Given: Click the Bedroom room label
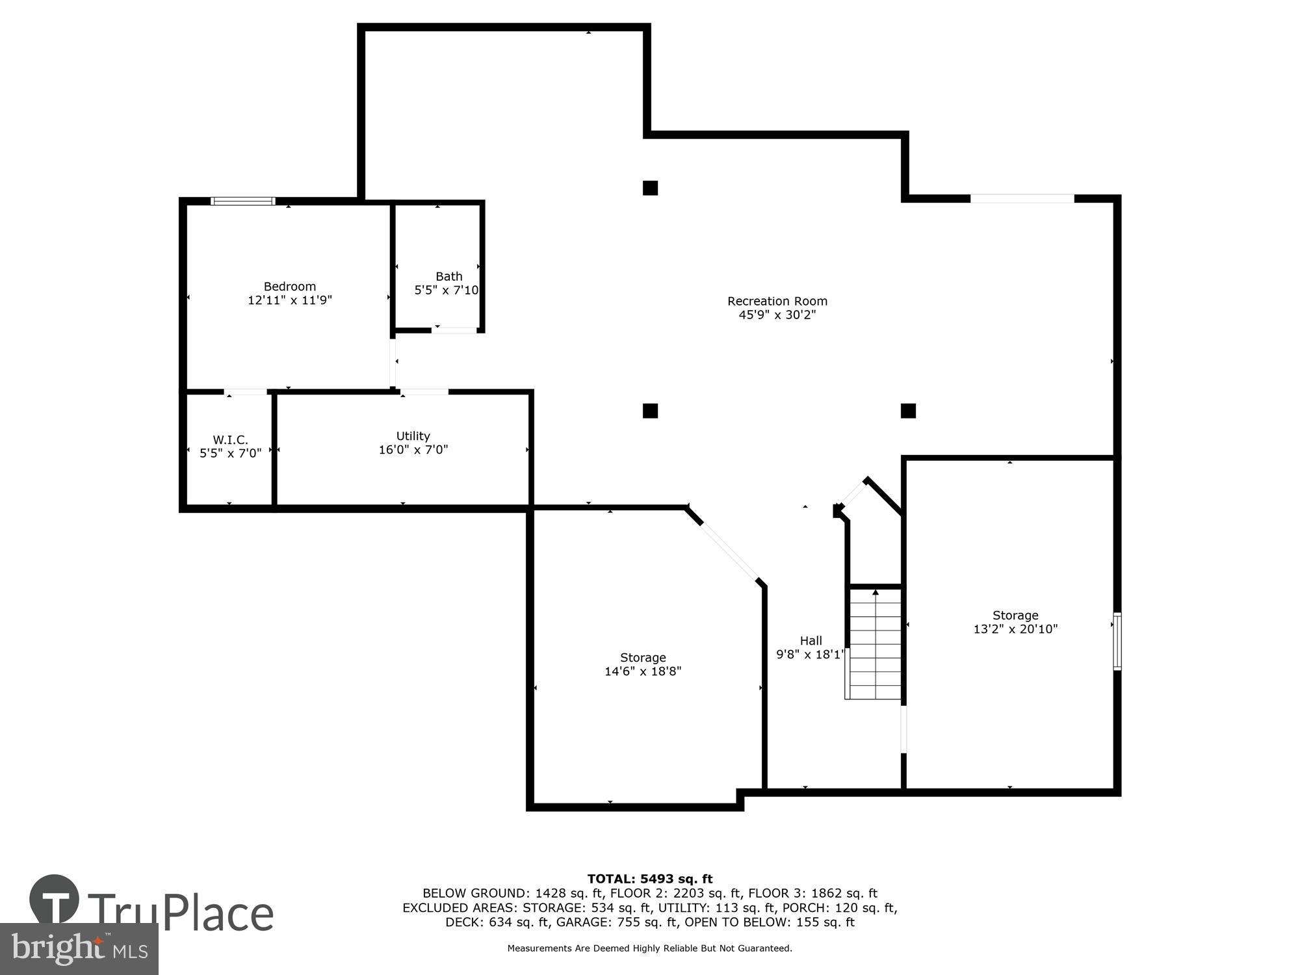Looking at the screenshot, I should click(289, 287).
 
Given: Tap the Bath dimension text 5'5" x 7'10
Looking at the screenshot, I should click(447, 291).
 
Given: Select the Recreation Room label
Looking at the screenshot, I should click(777, 301).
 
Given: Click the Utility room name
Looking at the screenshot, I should click(413, 436).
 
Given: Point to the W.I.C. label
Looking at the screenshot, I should click(230, 440).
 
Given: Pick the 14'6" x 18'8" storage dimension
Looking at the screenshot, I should click(642, 671).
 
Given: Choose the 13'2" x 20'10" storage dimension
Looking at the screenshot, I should click(1015, 629).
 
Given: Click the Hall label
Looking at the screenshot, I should click(811, 641).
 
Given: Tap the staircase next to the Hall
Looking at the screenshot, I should click(875, 643).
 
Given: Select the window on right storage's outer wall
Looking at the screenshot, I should click(1117, 641).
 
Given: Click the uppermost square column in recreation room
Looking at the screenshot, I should click(650, 188).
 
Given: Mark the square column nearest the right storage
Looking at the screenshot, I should click(908, 411).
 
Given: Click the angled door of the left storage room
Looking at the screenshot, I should click(729, 551).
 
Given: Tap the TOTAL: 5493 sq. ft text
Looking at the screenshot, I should click(649, 879).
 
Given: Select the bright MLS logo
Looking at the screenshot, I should click(79, 949).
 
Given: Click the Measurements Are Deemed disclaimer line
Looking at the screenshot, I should click(649, 948).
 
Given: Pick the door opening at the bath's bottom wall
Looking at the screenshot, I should click(454, 330).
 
